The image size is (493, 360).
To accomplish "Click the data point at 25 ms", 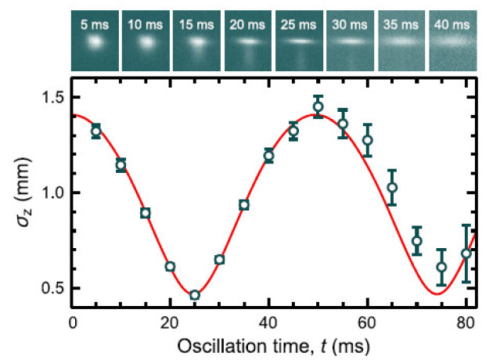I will coord(195,295).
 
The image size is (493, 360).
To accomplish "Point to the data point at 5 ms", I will coord(96,131).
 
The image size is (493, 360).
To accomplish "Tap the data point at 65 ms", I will coord(392,187).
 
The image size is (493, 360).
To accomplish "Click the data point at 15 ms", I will coord(145,213).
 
